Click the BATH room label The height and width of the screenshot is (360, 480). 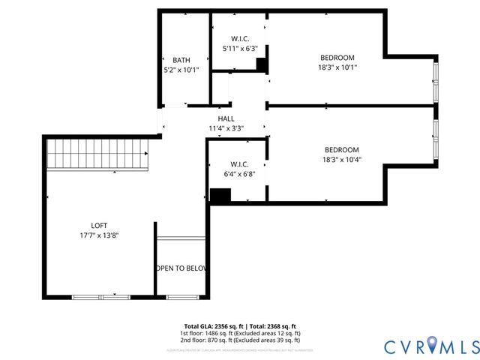pyautogui.click(x=181, y=60)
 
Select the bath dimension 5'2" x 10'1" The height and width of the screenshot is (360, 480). pyautogui.click(x=181, y=70)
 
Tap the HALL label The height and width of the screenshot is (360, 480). pyautogui.click(x=226, y=118)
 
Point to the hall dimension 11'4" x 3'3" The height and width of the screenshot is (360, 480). pyautogui.click(x=226, y=128)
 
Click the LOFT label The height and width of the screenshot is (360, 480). pyautogui.click(x=99, y=225)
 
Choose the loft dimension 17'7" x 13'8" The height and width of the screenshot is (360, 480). pyautogui.click(x=99, y=235)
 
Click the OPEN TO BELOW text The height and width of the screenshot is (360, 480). pyautogui.click(x=181, y=268)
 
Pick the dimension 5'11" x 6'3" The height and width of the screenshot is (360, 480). pyautogui.click(x=240, y=48)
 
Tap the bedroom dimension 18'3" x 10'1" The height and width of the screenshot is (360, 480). pyautogui.click(x=337, y=67)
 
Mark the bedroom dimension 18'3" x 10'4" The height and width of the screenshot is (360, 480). pyautogui.click(x=341, y=159)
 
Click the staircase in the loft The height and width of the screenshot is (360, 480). pyautogui.click(x=97, y=156)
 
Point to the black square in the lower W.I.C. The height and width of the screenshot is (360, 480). pyautogui.click(x=220, y=195)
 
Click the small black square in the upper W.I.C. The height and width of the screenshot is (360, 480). pyautogui.click(x=261, y=65)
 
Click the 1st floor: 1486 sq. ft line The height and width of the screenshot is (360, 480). pyautogui.click(x=239, y=333)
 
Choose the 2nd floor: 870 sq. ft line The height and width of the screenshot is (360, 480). pyautogui.click(x=239, y=340)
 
